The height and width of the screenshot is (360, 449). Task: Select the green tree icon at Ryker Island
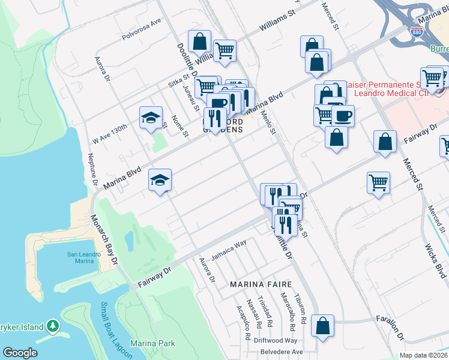(x=53, y=327)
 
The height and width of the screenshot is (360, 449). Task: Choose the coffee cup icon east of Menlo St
(x=343, y=115)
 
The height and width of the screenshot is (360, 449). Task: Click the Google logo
(x=20, y=353)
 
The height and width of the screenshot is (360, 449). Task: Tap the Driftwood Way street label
(x=276, y=340)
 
